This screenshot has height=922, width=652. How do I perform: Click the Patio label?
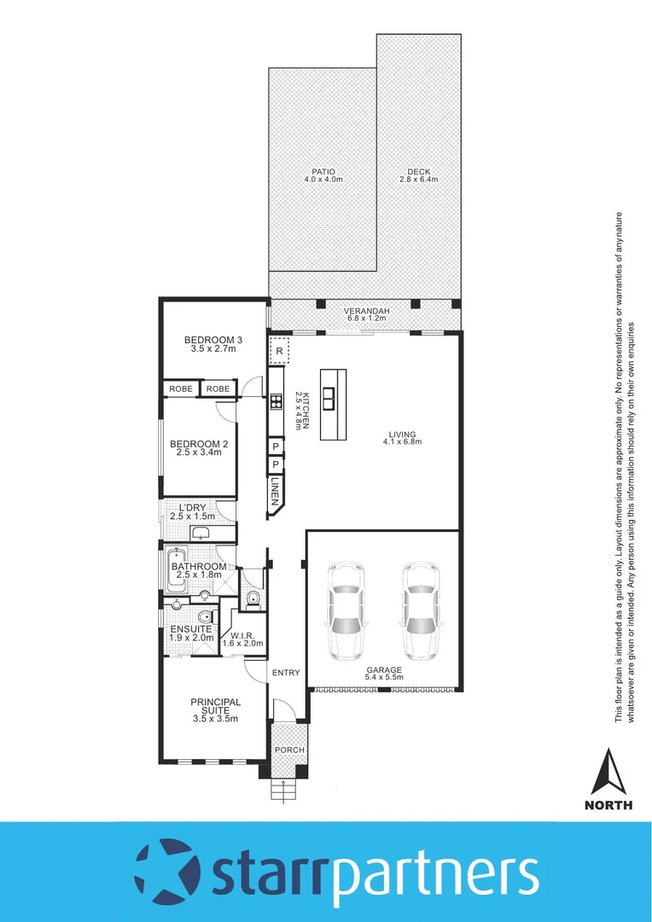[323, 171]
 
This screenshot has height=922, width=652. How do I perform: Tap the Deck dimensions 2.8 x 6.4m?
[418, 180]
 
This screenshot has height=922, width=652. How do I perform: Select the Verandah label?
[366, 311]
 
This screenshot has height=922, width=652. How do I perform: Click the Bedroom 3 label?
[213, 341]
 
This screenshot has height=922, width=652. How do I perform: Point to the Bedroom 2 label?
[199, 443]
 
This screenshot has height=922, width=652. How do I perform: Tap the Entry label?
[286, 673]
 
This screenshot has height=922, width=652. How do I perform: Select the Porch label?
[288, 750]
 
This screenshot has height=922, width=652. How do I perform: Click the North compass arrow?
[608, 771]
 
